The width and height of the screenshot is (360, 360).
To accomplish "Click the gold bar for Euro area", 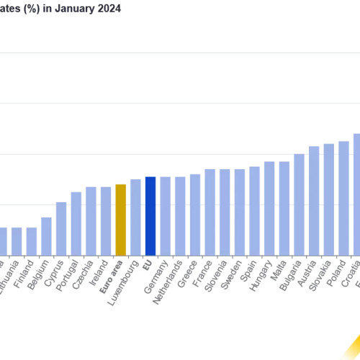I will point(120,220).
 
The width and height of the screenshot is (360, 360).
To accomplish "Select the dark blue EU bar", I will point(150,216).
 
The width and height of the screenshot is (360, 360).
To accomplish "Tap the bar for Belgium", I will point(46,236).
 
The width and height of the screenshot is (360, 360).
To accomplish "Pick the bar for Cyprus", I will point(61,229).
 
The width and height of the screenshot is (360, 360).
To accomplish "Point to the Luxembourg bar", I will point(135,217).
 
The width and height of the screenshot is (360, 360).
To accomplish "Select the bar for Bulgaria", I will point(299,204).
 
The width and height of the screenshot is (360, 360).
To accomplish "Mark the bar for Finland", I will point(32,241).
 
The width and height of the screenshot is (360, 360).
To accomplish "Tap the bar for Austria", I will point(314,201).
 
